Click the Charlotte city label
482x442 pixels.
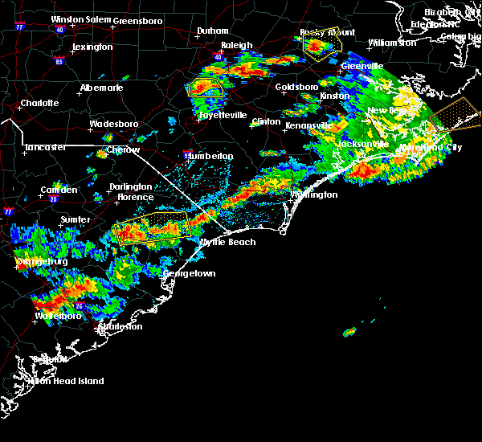39,103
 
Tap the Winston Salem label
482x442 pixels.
80,19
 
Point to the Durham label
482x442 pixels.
213,31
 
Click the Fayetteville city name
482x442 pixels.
223,115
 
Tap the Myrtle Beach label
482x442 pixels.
227,242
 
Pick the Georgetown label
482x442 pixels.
190,273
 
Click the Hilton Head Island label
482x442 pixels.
67,381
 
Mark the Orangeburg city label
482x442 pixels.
40,261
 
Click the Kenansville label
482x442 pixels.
308,126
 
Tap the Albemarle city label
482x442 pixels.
102,87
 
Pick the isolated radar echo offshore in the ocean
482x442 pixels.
350,331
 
